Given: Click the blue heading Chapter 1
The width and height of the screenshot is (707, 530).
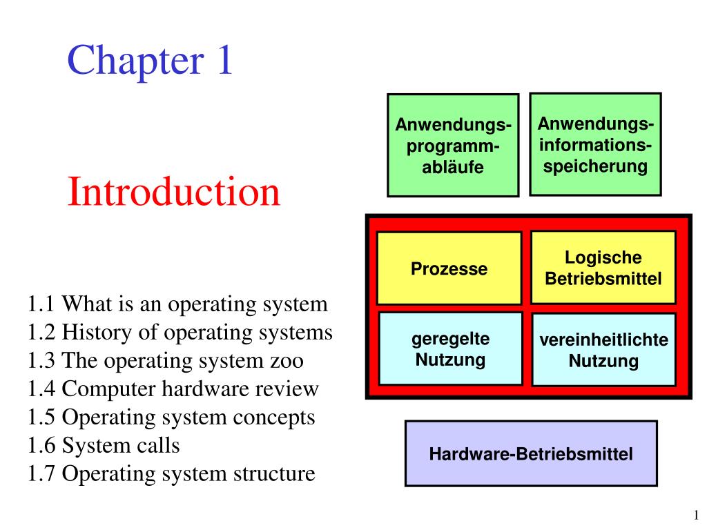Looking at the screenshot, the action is click(150, 61).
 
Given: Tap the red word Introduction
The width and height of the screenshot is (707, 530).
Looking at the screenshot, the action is click(173, 192).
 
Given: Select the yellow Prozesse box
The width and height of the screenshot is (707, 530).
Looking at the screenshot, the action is click(449, 268).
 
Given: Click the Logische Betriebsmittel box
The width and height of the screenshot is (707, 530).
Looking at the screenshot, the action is click(603, 268).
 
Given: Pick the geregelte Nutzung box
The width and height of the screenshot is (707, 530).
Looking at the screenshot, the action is click(450, 349).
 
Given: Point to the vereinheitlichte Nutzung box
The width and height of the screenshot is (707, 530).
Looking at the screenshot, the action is click(603, 350).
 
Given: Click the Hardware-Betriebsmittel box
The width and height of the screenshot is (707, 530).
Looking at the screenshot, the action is click(531, 453).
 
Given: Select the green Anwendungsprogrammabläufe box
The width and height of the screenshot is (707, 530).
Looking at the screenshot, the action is click(453, 145).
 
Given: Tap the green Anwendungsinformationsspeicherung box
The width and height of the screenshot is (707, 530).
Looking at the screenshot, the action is click(595, 144).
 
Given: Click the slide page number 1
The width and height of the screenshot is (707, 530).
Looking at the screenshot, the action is click(696, 515).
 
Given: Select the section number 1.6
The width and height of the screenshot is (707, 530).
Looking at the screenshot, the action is click(41, 445).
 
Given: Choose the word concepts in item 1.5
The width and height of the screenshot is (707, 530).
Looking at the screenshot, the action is click(273, 418).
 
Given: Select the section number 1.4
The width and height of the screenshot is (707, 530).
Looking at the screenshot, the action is click(41, 389).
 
